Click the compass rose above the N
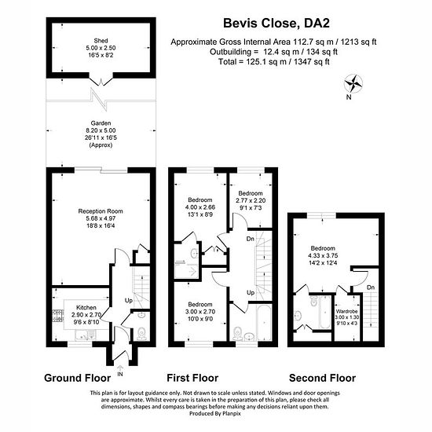tap(353, 83)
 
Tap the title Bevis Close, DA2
tap(276, 23)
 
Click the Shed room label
tap(101, 41)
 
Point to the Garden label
tap(101, 123)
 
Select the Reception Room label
tap(101, 211)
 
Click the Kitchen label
tap(86, 307)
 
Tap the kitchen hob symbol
tap(57, 316)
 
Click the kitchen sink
tap(86, 335)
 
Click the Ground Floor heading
tap(78, 378)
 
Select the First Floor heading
tap(192, 378)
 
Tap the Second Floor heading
tap(322, 378)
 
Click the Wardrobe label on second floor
tap(347, 311)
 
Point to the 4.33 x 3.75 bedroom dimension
tap(323, 256)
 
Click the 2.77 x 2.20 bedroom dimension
tap(251, 200)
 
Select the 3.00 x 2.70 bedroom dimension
tap(200, 312)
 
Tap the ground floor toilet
tap(141, 333)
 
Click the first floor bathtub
tap(264, 321)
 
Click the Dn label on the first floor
tap(250, 239)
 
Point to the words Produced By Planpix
tap(215, 413)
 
